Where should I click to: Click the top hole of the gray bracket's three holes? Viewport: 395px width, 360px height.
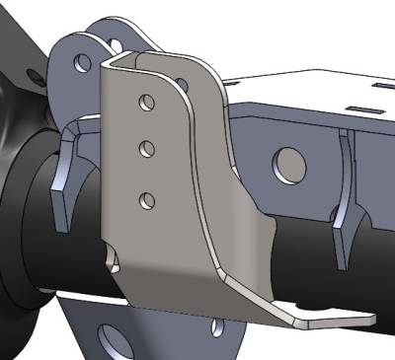(145, 101)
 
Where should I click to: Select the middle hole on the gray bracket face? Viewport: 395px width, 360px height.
(146, 149)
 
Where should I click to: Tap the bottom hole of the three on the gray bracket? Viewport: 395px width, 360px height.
(147, 201)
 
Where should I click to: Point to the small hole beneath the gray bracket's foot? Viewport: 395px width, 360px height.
(215, 324)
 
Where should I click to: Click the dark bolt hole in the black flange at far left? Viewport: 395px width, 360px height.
(36, 78)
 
